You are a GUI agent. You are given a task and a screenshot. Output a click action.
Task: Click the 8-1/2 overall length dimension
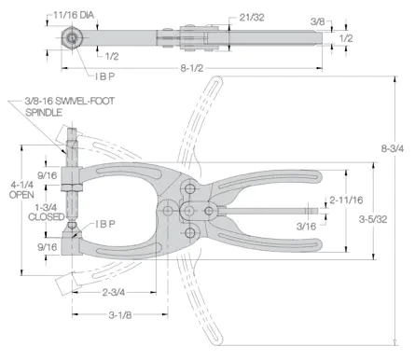point(192,68)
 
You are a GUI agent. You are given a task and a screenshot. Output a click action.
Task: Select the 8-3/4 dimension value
point(393,148)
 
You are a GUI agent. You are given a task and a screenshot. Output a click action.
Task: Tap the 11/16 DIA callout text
point(74,15)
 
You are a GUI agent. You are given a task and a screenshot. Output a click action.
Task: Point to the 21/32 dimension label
point(252,17)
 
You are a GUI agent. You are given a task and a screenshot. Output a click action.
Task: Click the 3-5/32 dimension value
point(373,219)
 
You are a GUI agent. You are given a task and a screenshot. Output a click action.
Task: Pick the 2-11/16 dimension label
point(346,200)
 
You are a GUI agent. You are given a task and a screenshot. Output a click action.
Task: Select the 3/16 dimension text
point(306,226)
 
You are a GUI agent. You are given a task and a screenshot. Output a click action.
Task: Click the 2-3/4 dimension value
point(114,292)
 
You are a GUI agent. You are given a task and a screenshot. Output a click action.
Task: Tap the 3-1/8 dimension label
point(120,315)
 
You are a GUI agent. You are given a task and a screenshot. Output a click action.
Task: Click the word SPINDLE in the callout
point(44,112)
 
